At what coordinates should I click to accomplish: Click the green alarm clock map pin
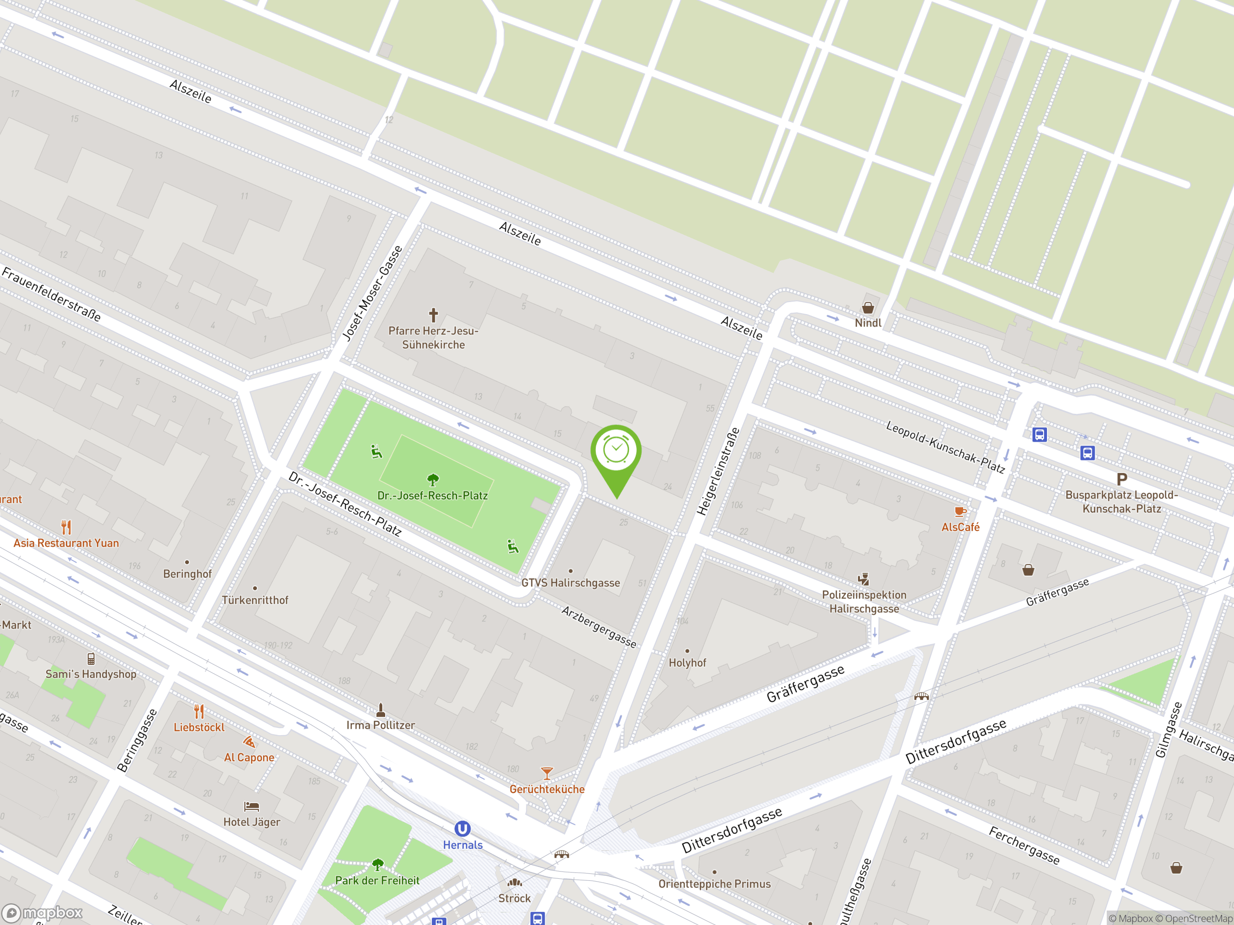[x=616, y=451]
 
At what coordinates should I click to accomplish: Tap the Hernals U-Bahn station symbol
[x=462, y=829]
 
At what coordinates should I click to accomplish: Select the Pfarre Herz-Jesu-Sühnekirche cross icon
[x=433, y=315]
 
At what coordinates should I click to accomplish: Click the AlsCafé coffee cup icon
[x=960, y=512]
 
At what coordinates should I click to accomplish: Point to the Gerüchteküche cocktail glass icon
[x=547, y=773]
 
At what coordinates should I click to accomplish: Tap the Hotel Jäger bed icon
[x=252, y=806]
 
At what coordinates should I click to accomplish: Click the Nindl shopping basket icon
[x=868, y=308]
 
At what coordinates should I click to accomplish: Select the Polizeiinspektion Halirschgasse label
[x=864, y=602]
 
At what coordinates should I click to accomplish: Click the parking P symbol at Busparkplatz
[x=1121, y=479]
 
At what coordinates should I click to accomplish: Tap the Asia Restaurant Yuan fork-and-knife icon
[x=67, y=527]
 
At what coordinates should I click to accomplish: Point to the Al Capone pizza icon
[x=249, y=742]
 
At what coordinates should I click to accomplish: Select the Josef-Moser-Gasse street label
[x=372, y=293]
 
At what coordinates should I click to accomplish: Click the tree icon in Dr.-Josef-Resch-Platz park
[x=433, y=479]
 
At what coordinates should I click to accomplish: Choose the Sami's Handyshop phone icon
[x=91, y=659]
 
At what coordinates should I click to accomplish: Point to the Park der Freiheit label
[x=377, y=880]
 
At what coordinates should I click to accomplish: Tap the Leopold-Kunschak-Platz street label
[x=945, y=447]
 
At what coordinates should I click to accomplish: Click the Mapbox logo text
[x=52, y=913]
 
